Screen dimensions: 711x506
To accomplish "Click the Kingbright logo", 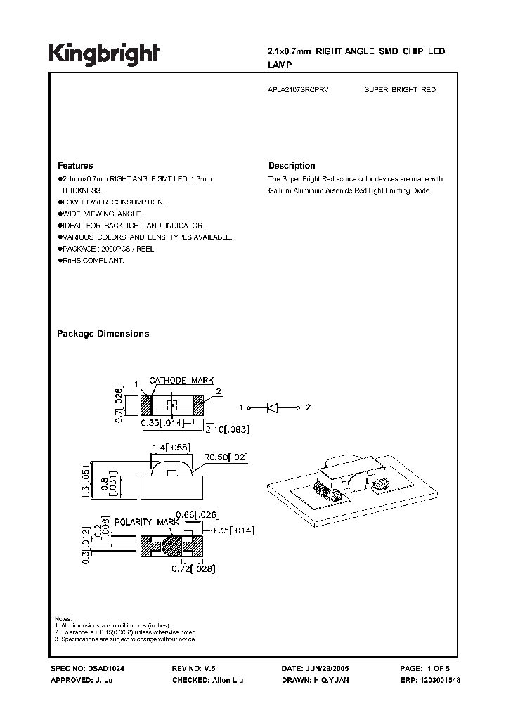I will [x=103, y=54].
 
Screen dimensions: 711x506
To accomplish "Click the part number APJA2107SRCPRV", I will [x=299, y=91].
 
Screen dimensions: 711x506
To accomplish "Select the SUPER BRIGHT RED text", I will [x=400, y=91].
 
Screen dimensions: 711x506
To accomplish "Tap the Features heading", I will [x=74, y=166].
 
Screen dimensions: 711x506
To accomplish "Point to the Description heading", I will [x=292, y=166].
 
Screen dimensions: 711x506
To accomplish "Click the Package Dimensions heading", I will [x=103, y=334].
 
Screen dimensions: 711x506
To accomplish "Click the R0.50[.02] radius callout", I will [x=225, y=457].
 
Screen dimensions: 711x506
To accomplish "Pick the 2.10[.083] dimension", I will [x=228, y=429].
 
